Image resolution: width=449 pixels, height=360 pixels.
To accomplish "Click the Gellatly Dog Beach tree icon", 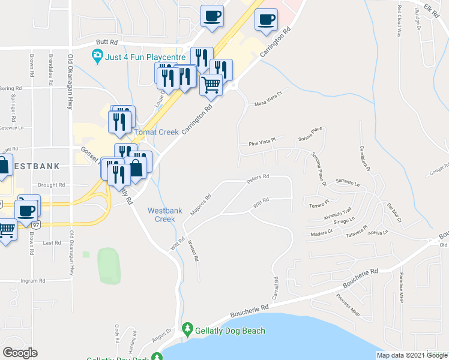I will (188, 329).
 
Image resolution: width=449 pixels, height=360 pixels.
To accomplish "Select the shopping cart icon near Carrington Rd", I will (211, 85).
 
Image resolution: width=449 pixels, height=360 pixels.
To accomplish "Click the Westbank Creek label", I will (161, 215).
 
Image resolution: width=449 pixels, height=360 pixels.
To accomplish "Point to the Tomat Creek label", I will (156, 132).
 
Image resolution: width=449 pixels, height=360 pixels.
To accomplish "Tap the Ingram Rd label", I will (34, 281).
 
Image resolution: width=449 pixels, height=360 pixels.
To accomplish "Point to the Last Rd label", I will (52, 243).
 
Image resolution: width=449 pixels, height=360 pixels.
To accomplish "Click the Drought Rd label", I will (51, 185).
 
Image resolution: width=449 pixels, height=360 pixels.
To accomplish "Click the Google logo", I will (20, 353).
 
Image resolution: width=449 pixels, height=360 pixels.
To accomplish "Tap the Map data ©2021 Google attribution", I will (412, 355).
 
